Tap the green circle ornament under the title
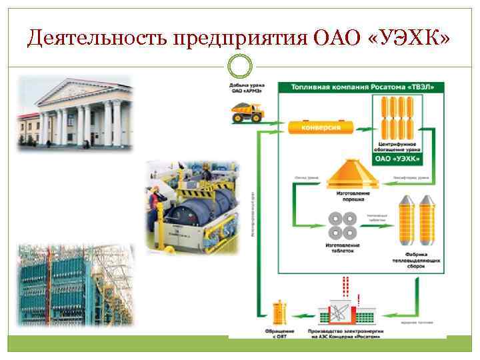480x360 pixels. [x=240, y=67]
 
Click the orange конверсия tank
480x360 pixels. [x=321, y=126]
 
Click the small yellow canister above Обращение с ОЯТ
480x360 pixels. [x=277, y=313]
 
